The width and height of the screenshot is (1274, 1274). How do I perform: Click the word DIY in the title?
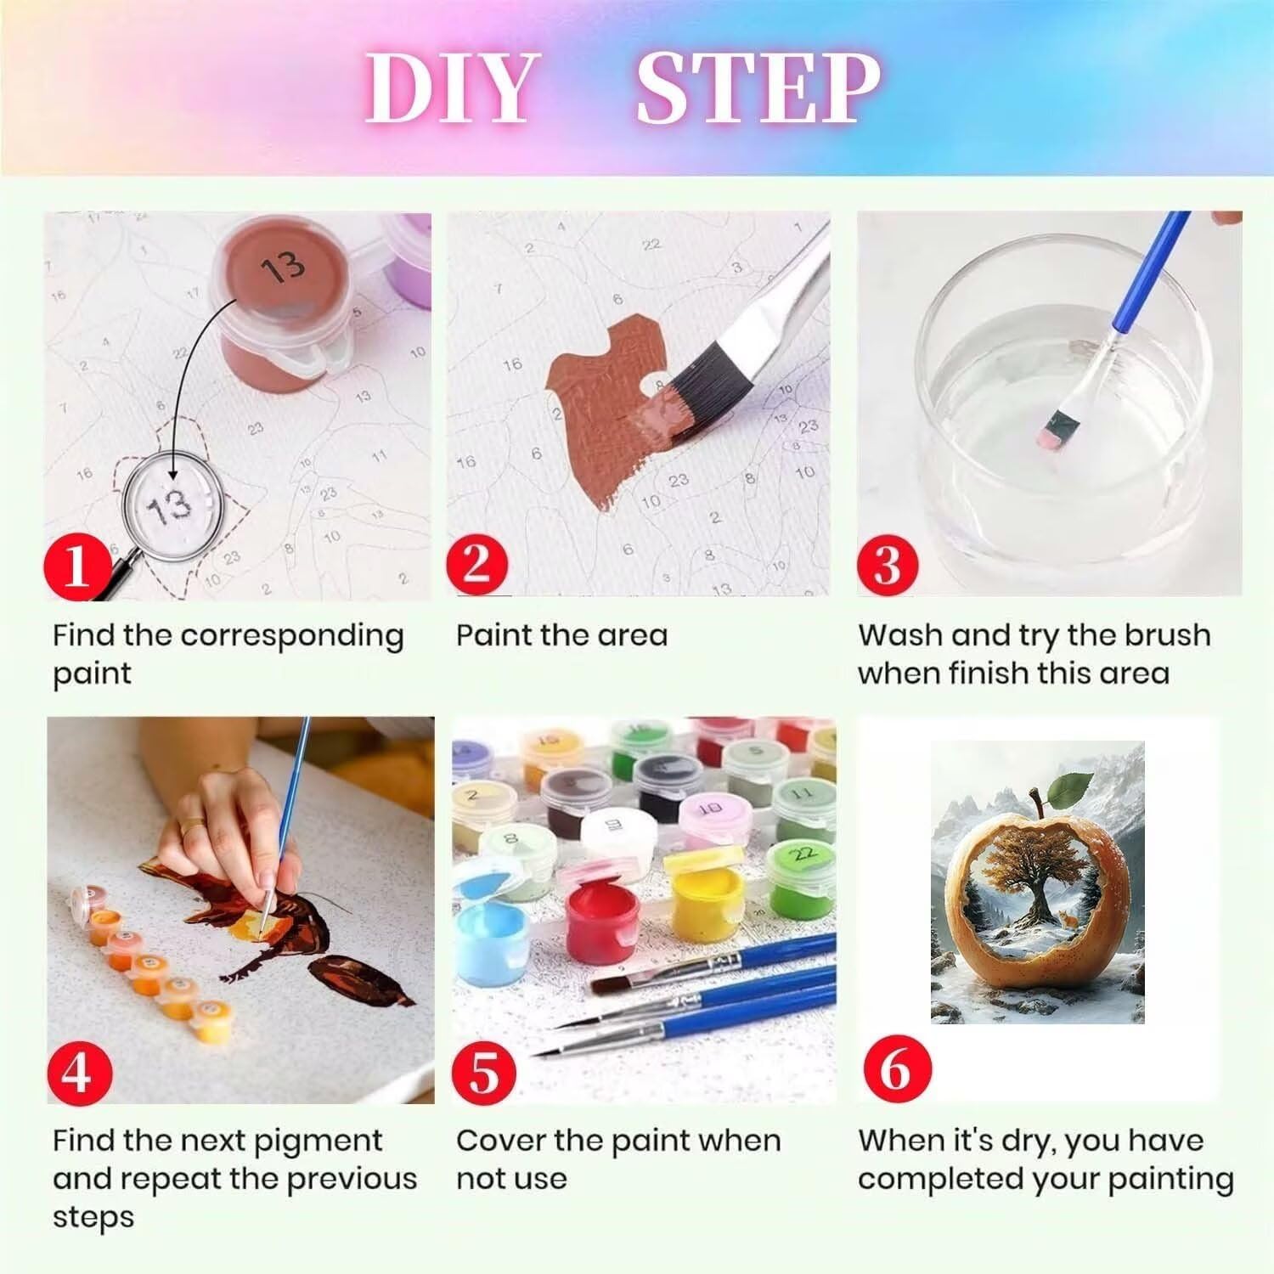(x=450, y=87)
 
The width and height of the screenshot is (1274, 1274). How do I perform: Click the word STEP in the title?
(x=758, y=87)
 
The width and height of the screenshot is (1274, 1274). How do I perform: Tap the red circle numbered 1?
(x=76, y=565)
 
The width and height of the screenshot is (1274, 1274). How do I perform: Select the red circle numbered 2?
(x=478, y=563)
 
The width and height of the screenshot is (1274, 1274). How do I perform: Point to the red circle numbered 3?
(x=888, y=563)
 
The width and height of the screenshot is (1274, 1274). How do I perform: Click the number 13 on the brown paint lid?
(x=282, y=267)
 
